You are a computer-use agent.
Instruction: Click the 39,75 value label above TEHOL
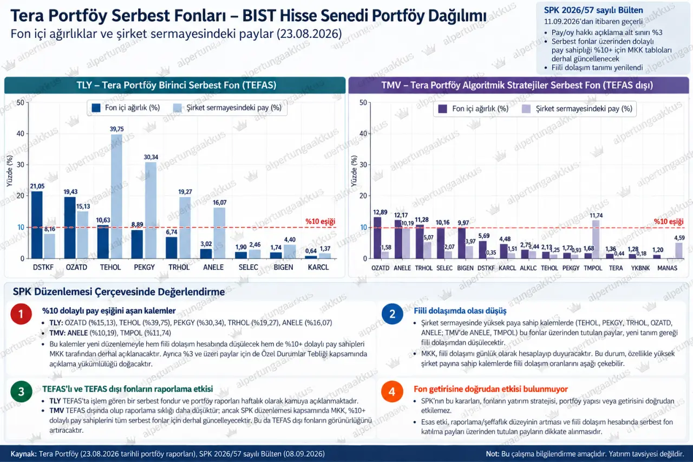coord(116,129)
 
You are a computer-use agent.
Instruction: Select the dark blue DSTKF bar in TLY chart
coord(37,225)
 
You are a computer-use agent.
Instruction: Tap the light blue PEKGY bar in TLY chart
coord(151,210)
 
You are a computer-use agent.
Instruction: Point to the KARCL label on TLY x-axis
coord(318,267)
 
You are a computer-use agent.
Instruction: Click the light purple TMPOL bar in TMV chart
coord(596,239)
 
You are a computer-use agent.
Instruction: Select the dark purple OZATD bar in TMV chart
coord(377,238)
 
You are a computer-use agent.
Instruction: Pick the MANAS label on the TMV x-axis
coord(667,268)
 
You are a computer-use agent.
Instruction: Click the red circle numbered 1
coord(21,314)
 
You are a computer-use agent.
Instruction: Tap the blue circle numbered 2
coord(393,314)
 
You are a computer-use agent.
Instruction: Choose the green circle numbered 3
coord(21,392)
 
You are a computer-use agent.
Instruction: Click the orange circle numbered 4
coord(393,392)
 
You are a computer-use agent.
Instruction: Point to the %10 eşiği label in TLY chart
coord(320,222)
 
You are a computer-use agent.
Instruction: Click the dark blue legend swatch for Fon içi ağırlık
coord(96,108)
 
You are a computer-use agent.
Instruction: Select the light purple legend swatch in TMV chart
coord(526,109)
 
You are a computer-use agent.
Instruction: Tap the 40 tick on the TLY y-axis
coord(21,134)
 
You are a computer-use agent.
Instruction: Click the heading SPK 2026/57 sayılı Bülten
coord(593,10)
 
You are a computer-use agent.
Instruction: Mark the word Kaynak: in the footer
coord(23,454)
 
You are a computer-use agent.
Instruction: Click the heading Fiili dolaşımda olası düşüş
coord(460,311)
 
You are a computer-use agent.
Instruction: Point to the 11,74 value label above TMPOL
coord(596,216)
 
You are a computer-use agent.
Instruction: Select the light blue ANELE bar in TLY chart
coord(219,233)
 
